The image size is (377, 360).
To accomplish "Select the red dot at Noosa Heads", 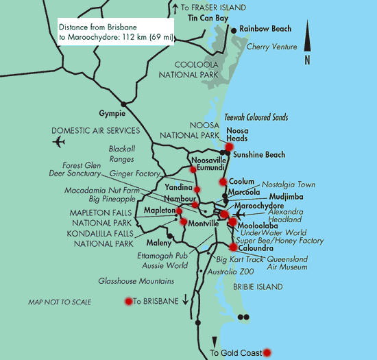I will click(x=229, y=147).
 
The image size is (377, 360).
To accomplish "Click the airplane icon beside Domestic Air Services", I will click(x=58, y=142).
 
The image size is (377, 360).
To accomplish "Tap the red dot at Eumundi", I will click(x=192, y=169).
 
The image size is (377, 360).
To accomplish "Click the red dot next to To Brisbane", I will click(x=127, y=301).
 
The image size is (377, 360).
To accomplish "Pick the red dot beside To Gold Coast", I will click(x=267, y=352).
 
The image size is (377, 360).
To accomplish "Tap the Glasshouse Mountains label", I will click(x=135, y=281).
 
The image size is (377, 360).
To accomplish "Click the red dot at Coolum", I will click(x=223, y=182).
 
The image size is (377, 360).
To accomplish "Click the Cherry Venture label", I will click(x=272, y=47).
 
